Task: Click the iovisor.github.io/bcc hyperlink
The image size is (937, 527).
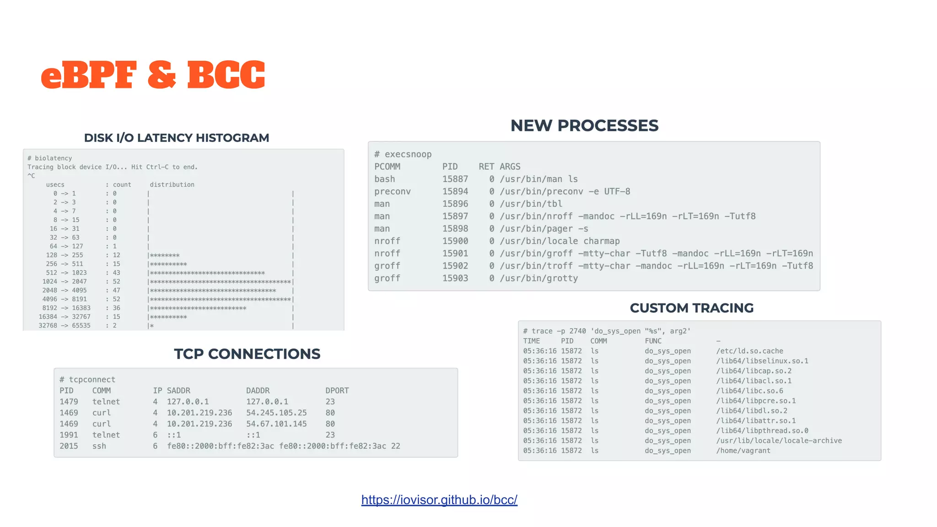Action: pyautogui.click(x=439, y=500)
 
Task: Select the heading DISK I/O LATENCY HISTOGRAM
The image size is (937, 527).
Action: pyautogui.click(x=176, y=138)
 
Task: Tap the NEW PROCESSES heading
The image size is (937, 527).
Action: pyautogui.click(x=584, y=125)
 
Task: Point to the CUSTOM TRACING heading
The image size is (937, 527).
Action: pyautogui.click(x=691, y=308)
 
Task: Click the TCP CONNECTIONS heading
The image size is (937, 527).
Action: pyautogui.click(x=247, y=354)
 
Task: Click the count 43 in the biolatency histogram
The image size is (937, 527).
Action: pyautogui.click(x=116, y=273)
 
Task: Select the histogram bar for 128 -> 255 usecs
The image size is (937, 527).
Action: pyautogui.click(x=165, y=255)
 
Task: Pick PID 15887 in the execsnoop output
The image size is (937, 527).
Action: pyautogui.click(x=455, y=179)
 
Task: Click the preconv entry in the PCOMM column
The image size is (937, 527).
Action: pyautogui.click(x=393, y=191)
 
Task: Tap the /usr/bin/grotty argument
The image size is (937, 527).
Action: pyautogui.click(x=539, y=278)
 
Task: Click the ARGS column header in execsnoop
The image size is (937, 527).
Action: pyautogui.click(x=510, y=167)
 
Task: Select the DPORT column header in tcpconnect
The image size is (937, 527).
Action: pyautogui.click(x=337, y=391)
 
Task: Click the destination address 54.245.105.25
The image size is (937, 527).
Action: pyautogui.click(x=276, y=413)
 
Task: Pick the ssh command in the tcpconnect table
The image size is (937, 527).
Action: pyautogui.click(x=99, y=446)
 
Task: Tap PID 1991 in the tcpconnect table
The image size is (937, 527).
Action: pyautogui.click(x=69, y=435)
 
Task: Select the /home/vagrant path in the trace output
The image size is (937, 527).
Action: pyautogui.click(x=743, y=451)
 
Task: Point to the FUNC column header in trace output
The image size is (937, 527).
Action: pyautogui.click(x=653, y=341)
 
